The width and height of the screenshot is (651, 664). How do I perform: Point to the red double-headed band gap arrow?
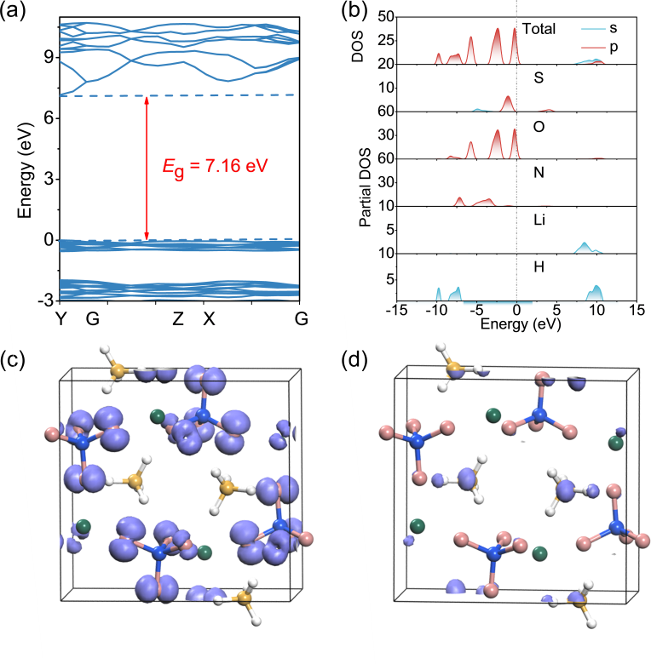[x=147, y=167]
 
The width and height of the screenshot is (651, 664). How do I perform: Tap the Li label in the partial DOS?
[x=539, y=220]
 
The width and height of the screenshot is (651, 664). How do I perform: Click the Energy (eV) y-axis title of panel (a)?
[x=25, y=168]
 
